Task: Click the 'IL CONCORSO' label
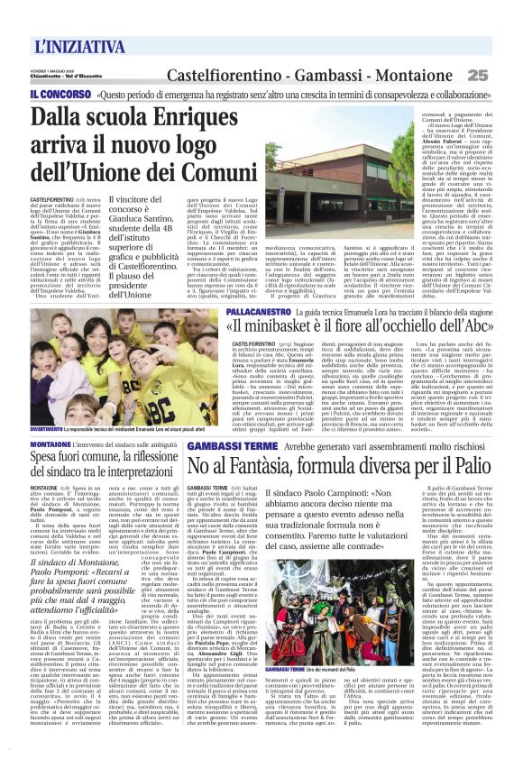pos(59,94)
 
